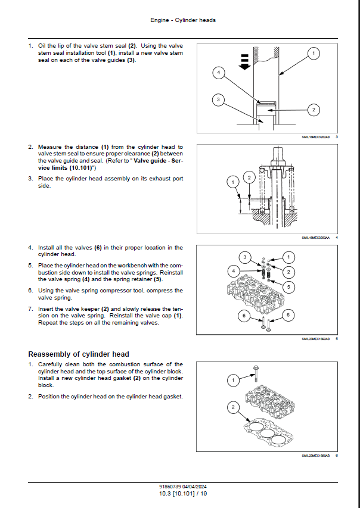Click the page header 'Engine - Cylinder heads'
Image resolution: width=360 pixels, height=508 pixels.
183,20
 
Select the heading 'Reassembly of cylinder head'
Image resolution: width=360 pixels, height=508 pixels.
79,354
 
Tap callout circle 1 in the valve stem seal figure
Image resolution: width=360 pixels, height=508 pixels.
314,54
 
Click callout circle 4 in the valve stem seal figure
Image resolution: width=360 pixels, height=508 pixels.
219,73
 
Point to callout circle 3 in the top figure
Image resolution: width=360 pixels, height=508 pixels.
219,99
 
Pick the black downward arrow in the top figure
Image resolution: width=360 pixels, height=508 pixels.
244,61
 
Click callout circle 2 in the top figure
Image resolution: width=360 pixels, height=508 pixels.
314,109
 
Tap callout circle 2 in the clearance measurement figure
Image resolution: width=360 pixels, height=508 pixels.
250,176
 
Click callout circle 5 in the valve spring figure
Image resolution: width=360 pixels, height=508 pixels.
289,286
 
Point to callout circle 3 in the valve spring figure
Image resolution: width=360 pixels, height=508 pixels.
243,257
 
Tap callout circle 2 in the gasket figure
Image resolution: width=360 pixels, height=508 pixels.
234,407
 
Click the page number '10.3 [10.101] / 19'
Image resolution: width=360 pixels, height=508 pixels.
183,494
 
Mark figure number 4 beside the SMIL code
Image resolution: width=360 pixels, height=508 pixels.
337,238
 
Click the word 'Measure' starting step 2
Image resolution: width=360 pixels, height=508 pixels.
49,147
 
